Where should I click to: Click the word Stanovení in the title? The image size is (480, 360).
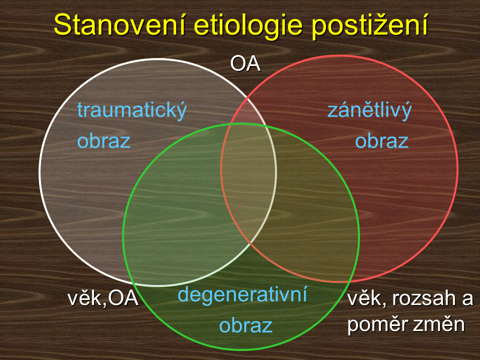pos(119,25)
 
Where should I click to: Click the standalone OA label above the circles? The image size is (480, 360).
pos(245,64)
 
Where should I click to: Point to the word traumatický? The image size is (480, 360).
pos(132,110)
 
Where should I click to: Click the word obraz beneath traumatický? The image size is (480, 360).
pos(104,141)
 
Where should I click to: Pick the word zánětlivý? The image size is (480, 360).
pos(370,110)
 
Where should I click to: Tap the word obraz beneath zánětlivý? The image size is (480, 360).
pos(381,141)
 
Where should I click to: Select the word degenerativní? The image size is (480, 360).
pos(242,294)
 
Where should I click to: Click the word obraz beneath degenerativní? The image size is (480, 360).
pos(246,325)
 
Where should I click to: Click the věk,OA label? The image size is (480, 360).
pos(103,298)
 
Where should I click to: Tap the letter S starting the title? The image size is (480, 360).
pos(62,25)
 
